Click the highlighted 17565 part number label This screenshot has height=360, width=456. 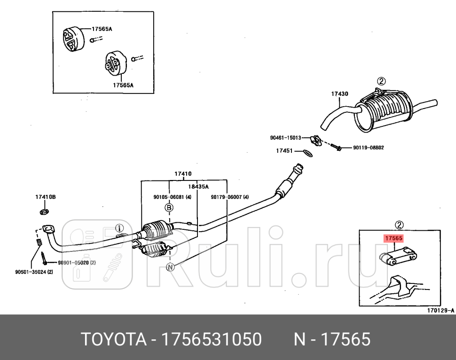coord(393,238)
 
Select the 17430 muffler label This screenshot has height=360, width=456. coord(339,94)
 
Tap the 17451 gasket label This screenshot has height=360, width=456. coord(284,151)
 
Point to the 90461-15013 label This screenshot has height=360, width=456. coord(285,138)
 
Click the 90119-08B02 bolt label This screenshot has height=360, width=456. coord(369,148)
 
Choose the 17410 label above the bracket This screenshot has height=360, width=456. coord(183,174)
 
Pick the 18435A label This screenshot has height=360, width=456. coord(198,186)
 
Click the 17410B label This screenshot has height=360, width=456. coord(46,197)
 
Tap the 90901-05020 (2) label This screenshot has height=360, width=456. coord(77,263)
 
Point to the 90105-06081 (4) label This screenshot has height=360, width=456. coord(172,197)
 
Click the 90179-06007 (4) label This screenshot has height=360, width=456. coord(229,197)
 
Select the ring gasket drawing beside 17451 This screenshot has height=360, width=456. coord(306,152)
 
